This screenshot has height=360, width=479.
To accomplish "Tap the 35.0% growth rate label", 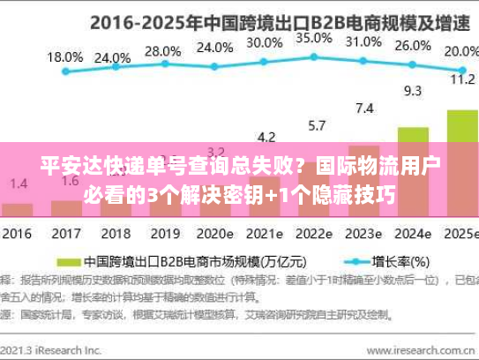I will click(x=314, y=38).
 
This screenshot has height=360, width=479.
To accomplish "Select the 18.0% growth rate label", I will click(x=64, y=57).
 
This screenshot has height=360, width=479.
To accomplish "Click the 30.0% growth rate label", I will click(x=265, y=42).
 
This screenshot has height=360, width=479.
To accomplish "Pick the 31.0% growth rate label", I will click(x=363, y=41).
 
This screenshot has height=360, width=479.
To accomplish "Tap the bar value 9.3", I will click(x=412, y=90).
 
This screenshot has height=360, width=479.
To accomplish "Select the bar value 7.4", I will click(x=363, y=108).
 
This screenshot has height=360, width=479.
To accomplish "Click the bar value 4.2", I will click(x=266, y=137).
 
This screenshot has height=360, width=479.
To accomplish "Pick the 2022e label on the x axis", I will click(x=313, y=235).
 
